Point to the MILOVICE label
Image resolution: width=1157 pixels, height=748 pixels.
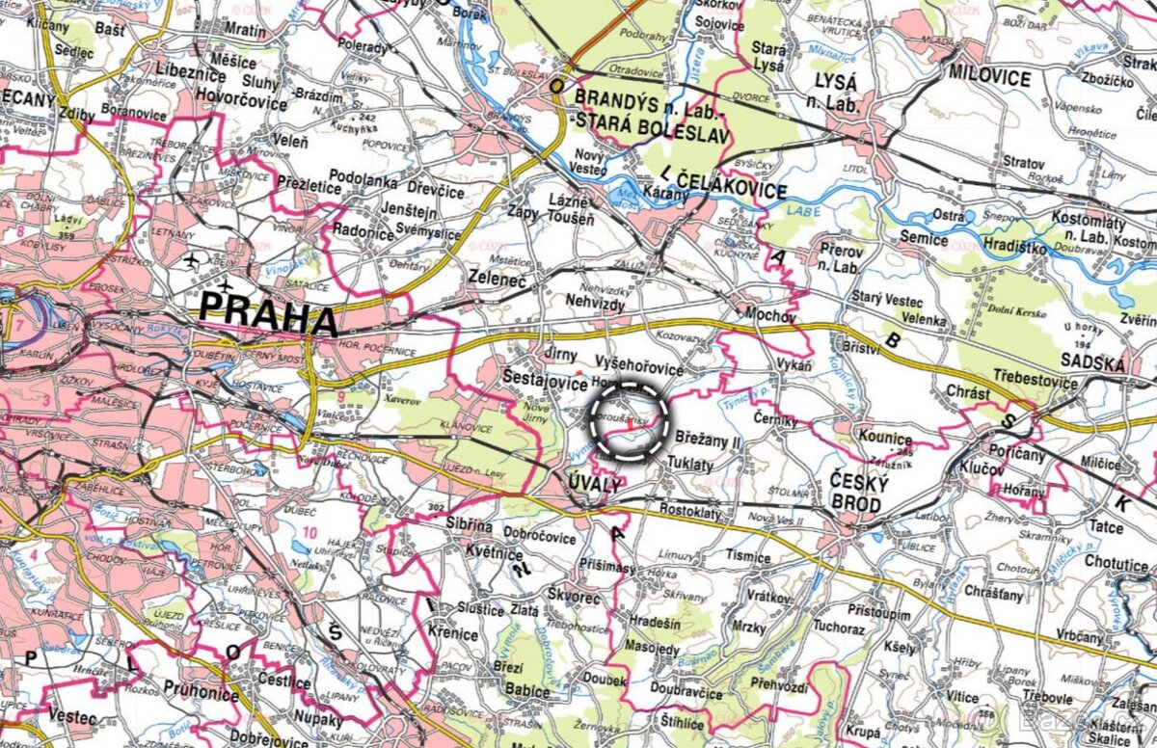(989, 78)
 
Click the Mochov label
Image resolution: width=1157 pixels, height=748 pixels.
(771, 315)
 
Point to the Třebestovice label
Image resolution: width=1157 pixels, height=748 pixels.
(1035, 384)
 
